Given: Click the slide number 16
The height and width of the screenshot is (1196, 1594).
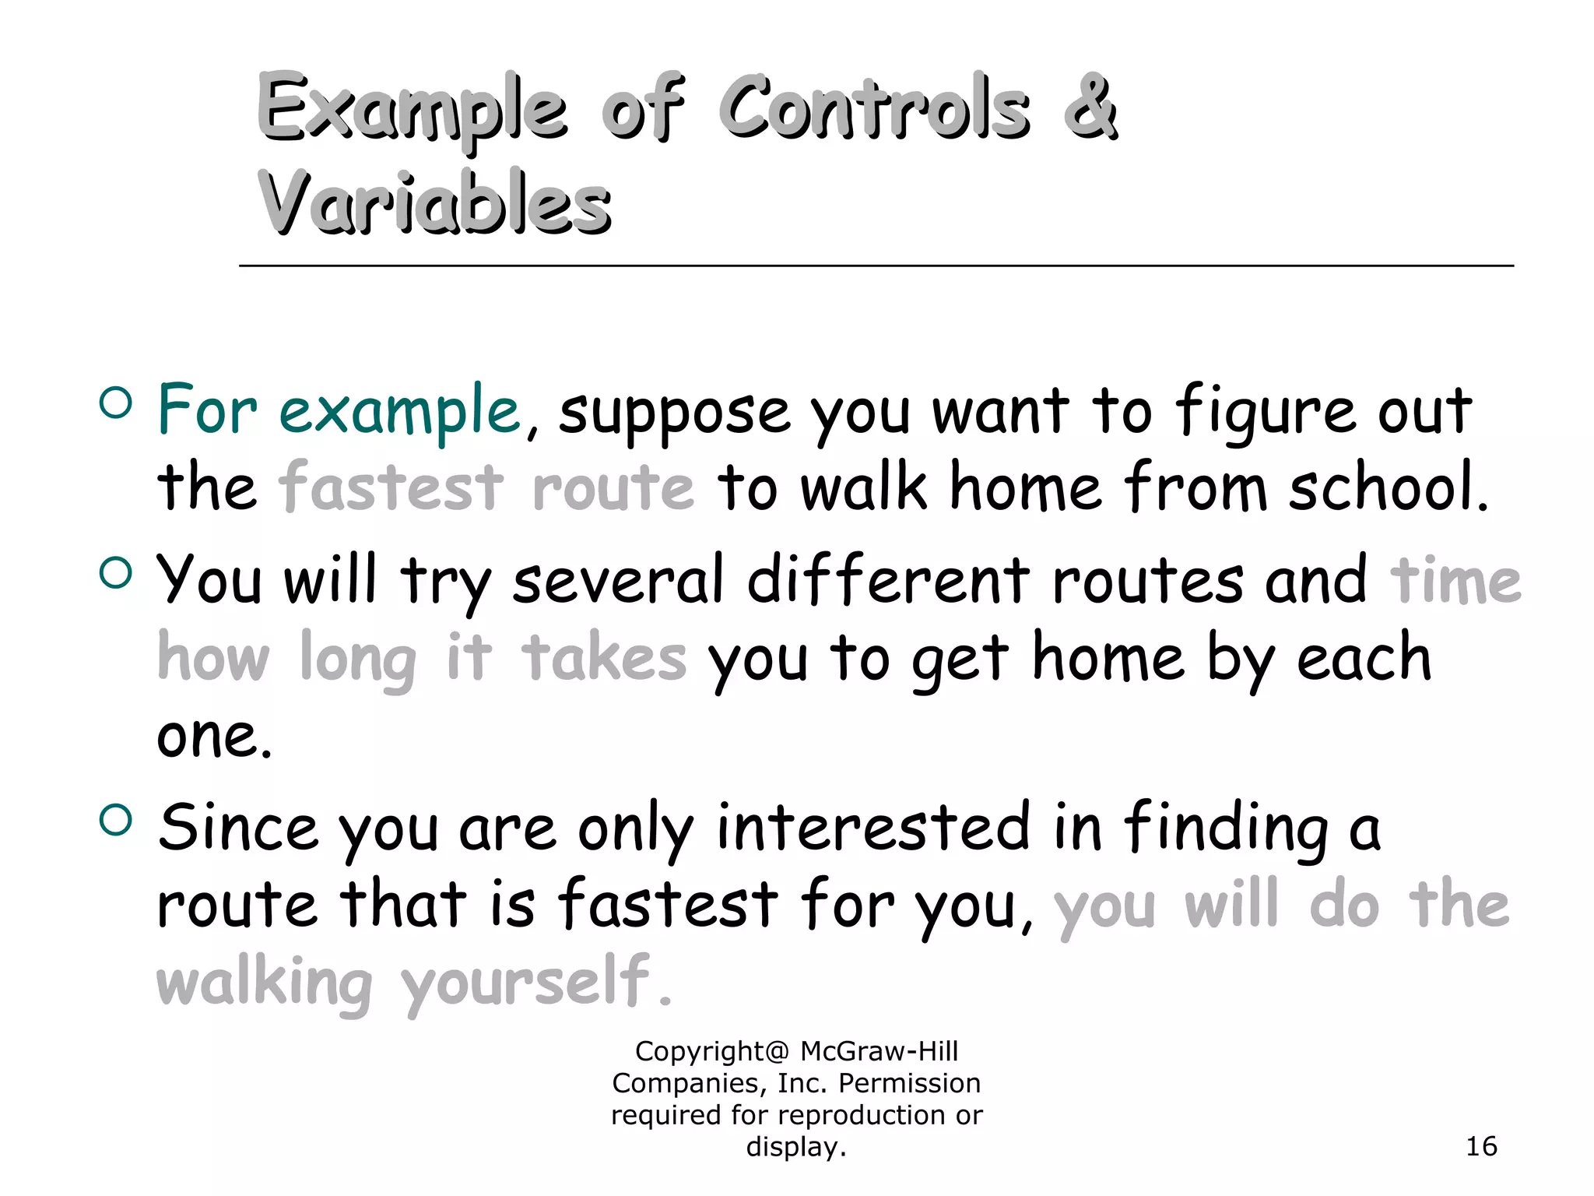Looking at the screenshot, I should point(1481,1146).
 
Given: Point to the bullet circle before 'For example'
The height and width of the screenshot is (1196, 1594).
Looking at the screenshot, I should point(116,403).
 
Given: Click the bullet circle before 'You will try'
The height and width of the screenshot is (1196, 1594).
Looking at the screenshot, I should point(116,573).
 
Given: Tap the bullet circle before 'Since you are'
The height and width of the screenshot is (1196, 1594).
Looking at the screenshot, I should point(116,819).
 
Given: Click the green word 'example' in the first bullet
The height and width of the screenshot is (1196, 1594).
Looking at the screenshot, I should point(399,411).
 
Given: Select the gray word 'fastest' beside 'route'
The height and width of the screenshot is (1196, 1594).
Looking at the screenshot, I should point(391,487).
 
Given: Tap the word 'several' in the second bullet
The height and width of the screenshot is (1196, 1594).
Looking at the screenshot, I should point(618,580).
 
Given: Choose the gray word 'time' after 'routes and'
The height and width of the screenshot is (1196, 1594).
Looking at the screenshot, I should point(1455,580).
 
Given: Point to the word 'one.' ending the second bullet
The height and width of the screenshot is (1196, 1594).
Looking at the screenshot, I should point(214,736).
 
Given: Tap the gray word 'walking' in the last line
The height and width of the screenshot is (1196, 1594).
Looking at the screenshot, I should point(265,982).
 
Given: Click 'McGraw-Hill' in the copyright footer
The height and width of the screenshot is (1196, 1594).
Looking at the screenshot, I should point(879,1051).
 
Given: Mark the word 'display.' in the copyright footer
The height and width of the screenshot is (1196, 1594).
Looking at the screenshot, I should point(795,1147).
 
